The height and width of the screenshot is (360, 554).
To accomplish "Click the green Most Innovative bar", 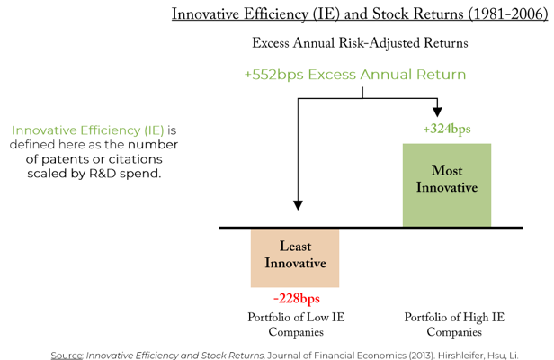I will pos(446,184).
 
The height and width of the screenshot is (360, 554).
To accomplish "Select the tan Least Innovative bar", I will pos(294,257).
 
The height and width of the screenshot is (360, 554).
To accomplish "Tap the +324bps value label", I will pos(447,130).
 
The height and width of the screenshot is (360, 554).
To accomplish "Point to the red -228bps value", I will pos(296,299).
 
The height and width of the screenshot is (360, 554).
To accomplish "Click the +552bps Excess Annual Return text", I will pos(355,74).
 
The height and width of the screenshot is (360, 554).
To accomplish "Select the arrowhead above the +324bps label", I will pos(438,111).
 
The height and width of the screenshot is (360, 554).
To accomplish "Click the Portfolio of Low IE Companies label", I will pos(296,325).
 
